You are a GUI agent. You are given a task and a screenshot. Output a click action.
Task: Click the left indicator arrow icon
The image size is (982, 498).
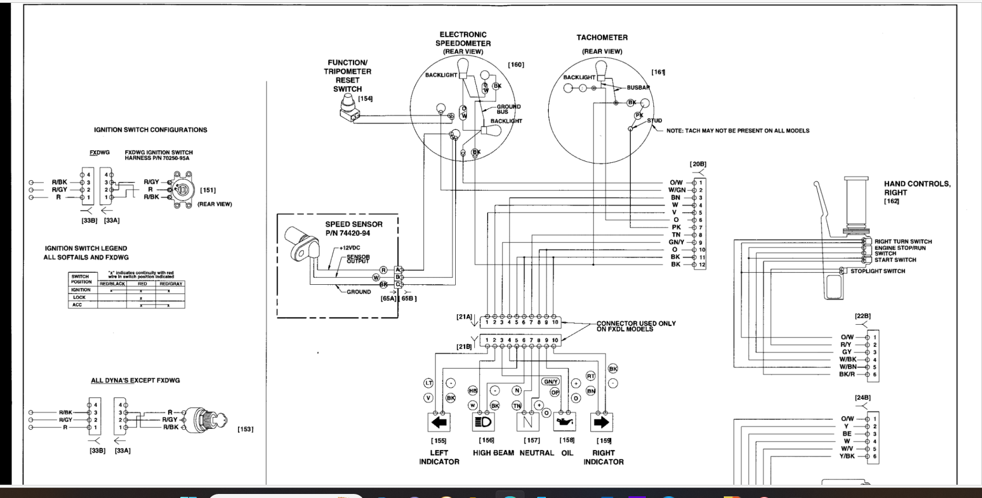click(x=439, y=422)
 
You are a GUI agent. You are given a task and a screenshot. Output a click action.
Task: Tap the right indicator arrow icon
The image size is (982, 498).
click(x=601, y=422)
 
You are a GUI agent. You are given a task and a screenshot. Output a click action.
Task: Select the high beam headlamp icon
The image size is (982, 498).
click(x=483, y=422)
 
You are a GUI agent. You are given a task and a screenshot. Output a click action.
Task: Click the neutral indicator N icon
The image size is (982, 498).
click(x=527, y=422)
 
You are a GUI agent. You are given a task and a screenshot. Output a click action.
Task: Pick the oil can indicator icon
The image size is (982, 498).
click(x=565, y=423)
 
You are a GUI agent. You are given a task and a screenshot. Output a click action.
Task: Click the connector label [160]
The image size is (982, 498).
click(x=516, y=65)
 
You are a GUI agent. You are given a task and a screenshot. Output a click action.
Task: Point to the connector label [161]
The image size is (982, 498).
click(x=658, y=72)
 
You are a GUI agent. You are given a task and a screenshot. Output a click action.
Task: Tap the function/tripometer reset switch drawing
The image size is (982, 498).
click(x=348, y=109)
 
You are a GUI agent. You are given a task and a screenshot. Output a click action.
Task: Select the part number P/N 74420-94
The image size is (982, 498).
click(x=347, y=233)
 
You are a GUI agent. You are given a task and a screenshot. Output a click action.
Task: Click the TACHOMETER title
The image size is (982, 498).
click(x=602, y=38)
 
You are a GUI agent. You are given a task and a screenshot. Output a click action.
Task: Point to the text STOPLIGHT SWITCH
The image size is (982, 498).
click(x=877, y=271)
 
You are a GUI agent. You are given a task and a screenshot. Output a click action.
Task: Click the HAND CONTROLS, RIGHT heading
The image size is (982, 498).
click(x=917, y=188)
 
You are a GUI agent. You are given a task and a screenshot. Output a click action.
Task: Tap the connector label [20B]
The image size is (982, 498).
click(x=698, y=164)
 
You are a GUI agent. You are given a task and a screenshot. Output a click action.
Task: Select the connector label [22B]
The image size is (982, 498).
click(x=862, y=316)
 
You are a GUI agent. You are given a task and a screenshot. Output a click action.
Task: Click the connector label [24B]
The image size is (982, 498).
click(x=862, y=397)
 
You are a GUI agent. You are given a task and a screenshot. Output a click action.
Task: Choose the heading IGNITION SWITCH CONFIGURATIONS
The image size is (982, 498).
click(x=150, y=130)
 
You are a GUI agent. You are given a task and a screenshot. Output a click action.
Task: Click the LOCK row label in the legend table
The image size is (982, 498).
click(x=80, y=298)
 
